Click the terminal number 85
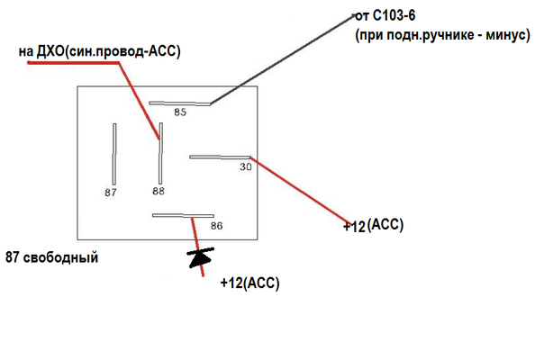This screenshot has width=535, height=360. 180,112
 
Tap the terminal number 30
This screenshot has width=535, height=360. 246,166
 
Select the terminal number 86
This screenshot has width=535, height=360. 217,226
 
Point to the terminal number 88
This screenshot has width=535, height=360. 159,191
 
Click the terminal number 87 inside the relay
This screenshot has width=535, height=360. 111,193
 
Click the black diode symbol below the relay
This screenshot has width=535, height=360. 201,257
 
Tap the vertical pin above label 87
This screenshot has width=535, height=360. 114,154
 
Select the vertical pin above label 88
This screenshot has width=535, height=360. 160,153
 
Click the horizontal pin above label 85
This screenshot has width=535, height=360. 179,103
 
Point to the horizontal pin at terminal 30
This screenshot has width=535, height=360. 220,157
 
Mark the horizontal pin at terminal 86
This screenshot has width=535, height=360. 183,216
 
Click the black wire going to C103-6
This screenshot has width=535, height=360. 283,59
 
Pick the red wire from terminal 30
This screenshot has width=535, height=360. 301,191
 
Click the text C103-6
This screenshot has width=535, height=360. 394,15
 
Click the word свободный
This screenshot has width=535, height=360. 60,257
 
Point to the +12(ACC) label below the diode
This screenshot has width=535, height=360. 250,283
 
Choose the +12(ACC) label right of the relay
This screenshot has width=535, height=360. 373,225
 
